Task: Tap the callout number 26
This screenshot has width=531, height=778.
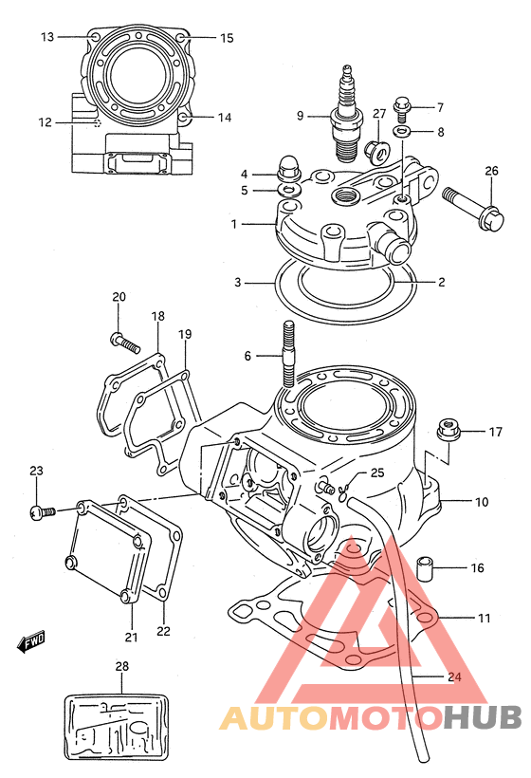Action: (x=491, y=171)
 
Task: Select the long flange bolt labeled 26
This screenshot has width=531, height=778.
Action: (x=472, y=209)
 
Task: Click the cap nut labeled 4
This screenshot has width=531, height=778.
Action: (x=288, y=170)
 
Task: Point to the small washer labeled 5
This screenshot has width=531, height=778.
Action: (x=289, y=190)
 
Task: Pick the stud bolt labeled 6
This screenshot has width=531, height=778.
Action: (x=288, y=354)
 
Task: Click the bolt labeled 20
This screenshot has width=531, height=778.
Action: (x=124, y=342)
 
